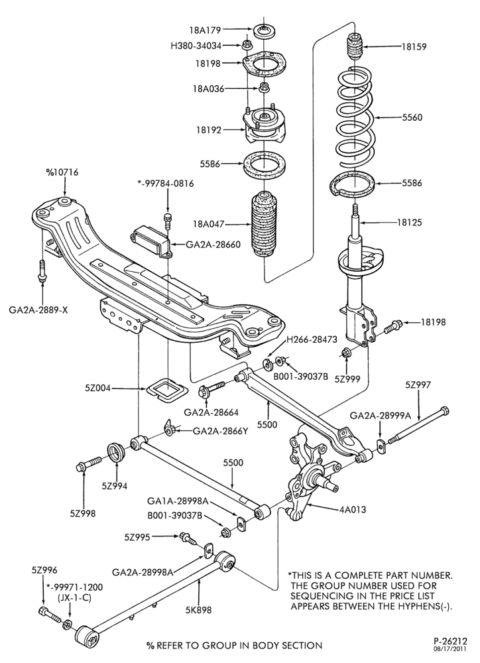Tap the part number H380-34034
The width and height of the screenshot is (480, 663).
click(x=196, y=45)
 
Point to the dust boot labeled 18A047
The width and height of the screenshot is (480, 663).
click(x=265, y=225)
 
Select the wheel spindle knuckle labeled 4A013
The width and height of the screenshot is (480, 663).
click(x=311, y=473)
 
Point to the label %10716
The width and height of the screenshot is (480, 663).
click(x=62, y=173)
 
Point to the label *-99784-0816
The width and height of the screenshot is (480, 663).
click(x=166, y=184)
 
